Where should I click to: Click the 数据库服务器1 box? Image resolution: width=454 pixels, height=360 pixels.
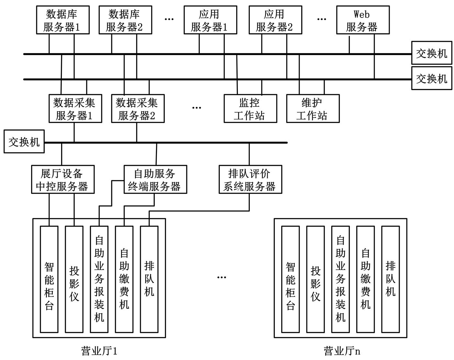63,20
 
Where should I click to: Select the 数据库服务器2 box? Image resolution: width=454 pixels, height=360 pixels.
125,20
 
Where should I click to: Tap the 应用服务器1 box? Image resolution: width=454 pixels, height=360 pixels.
210,20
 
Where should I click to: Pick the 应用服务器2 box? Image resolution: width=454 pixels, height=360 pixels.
275,20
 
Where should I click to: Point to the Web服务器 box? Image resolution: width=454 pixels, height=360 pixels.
363,20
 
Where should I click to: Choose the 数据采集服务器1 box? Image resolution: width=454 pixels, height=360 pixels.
75,109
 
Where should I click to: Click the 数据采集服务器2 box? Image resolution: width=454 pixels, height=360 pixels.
138,109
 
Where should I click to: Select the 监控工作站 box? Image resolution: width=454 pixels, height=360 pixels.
250,109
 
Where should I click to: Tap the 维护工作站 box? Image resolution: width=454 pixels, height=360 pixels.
313,109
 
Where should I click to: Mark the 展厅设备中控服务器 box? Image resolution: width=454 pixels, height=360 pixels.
63,180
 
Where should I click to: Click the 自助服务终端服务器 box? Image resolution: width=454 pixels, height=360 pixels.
155,180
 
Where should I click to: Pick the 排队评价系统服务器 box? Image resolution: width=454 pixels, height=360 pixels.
250,180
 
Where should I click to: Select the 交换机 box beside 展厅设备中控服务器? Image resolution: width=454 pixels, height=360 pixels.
24,141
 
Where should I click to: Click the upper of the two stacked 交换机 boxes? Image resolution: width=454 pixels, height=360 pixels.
431,53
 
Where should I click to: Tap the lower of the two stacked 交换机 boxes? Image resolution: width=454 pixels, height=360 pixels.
431,78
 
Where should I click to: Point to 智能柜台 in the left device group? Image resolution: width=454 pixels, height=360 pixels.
49,279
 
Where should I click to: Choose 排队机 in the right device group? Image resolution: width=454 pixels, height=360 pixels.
391,279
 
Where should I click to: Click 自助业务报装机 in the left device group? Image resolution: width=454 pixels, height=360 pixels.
99,279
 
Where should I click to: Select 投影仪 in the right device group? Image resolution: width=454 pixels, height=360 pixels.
316,279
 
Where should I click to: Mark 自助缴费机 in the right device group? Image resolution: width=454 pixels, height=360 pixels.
366,279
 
